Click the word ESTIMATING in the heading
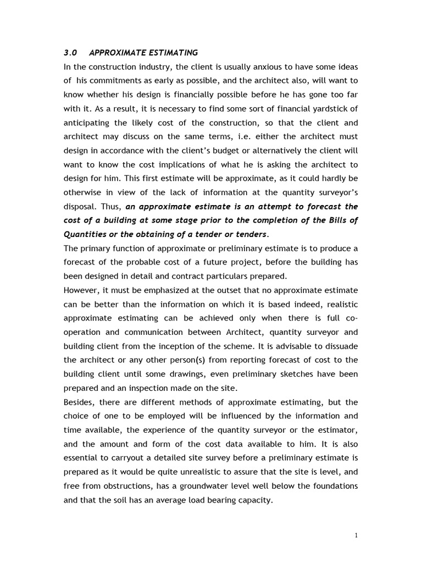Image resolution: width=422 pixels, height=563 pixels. (170, 53)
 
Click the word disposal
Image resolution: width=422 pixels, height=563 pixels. (80, 206)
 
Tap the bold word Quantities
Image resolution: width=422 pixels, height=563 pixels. (84, 234)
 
